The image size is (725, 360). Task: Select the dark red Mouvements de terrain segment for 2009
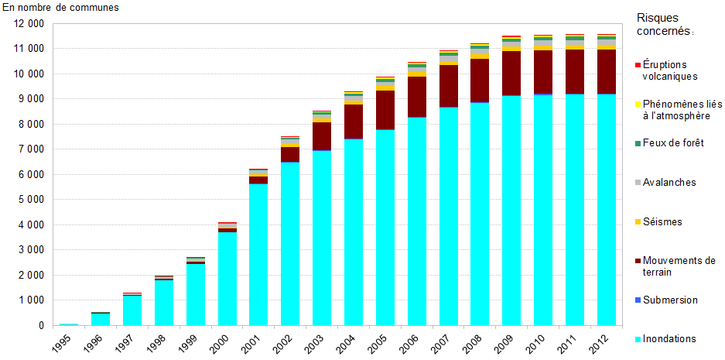[x=511, y=73]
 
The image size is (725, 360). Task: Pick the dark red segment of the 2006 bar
[x=417, y=97]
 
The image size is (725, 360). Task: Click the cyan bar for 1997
[x=132, y=310]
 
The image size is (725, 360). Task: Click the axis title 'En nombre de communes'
[x=61, y=7]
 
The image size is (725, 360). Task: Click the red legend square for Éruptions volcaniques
[x=638, y=65]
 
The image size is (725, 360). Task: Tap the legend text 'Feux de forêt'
[x=673, y=143]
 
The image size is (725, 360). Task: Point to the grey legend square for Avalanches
[x=638, y=183]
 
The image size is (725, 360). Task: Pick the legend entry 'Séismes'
[x=662, y=222]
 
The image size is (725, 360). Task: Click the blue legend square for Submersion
[x=638, y=300]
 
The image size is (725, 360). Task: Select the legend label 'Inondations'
[x=669, y=339]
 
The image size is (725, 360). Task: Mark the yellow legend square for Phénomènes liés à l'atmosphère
[x=638, y=105]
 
